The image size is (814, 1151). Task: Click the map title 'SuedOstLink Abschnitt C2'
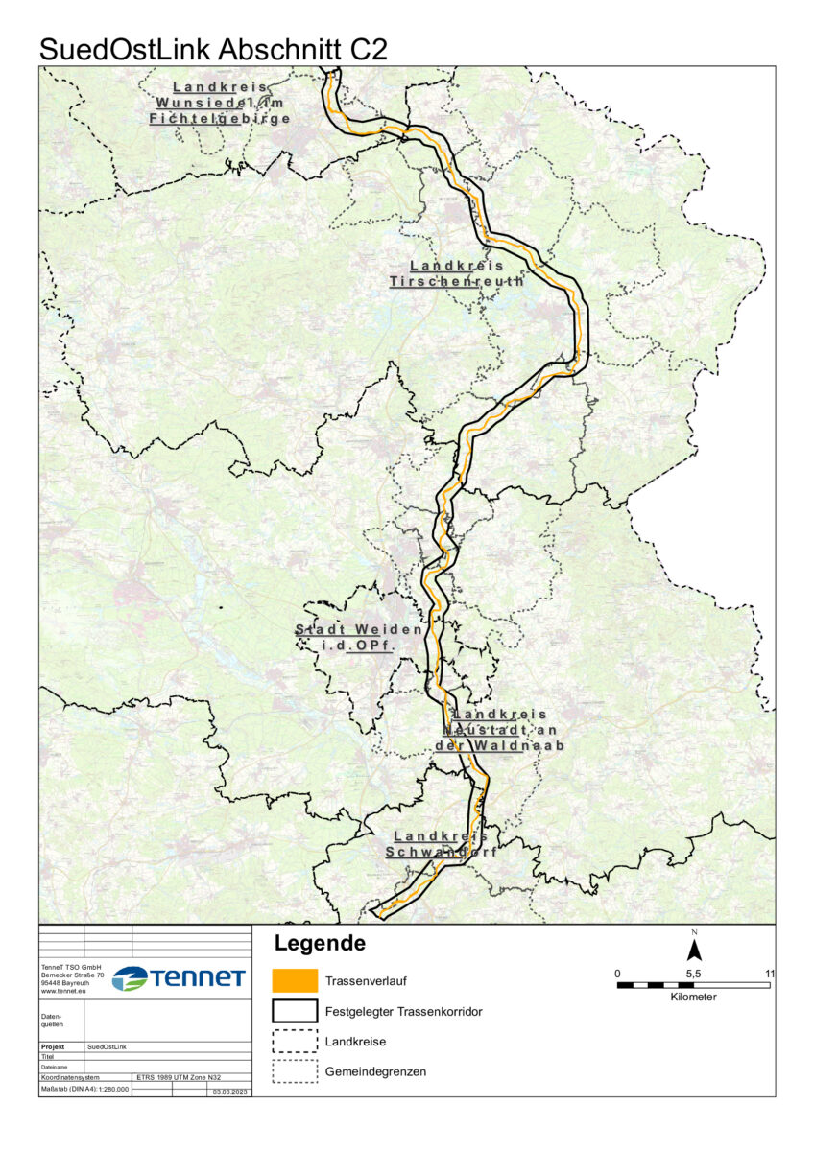click(x=213, y=50)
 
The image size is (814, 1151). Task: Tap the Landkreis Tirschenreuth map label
click(x=457, y=273)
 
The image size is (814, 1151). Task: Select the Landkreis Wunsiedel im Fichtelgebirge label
click(x=221, y=103)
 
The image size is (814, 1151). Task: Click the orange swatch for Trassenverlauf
click(x=295, y=980)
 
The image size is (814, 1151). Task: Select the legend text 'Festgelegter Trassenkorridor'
click(x=402, y=1011)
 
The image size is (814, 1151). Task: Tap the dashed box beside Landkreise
click(x=295, y=1041)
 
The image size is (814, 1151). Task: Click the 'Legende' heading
click(x=320, y=943)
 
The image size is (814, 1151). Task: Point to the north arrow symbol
click(x=694, y=949)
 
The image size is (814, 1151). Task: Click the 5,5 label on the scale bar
click(x=693, y=973)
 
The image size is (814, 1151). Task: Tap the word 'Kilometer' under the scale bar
click(x=693, y=998)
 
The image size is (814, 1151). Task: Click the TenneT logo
click(x=179, y=978)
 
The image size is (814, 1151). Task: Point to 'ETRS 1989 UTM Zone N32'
click(x=179, y=1077)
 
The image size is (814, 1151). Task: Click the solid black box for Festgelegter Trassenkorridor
click(x=295, y=1011)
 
